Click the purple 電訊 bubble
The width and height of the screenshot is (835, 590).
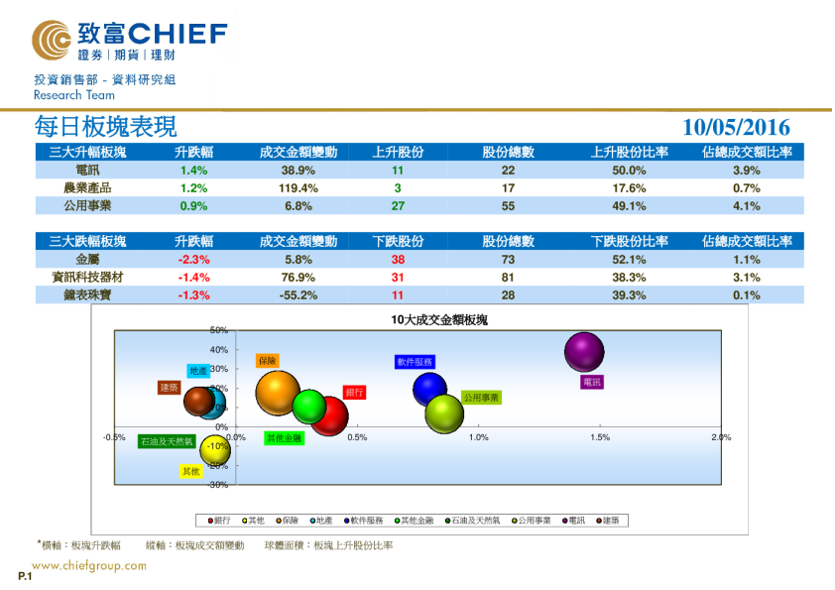click(x=584, y=352)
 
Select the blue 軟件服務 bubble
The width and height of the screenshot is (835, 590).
click(x=430, y=389)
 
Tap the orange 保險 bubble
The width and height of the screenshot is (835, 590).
click(x=278, y=393)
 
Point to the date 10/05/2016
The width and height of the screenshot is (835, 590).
click(x=737, y=128)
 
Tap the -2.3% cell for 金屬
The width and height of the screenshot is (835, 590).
click(x=192, y=259)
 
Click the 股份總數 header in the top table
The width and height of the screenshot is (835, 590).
click(x=509, y=153)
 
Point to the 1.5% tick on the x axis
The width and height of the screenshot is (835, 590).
click(x=600, y=437)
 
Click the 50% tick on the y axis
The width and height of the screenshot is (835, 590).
click(x=219, y=330)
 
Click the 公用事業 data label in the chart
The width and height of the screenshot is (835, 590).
click(x=482, y=398)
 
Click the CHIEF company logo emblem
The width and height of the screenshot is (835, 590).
click(x=51, y=41)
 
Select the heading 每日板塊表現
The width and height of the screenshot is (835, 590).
click(x=106, y=127)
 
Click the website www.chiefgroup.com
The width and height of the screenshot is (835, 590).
click(x=89, y=566)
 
